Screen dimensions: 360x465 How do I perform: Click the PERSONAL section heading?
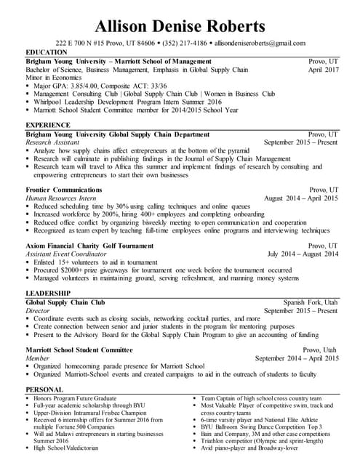click(44, 389)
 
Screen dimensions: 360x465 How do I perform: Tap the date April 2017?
click(322, 70)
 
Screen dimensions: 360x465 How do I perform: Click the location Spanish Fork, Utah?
click(311, 302)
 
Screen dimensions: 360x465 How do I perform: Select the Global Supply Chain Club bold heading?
click(65, 302)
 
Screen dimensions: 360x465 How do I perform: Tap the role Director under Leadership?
click(38, 310)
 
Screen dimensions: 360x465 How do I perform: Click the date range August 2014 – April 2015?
click(302, 198)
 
